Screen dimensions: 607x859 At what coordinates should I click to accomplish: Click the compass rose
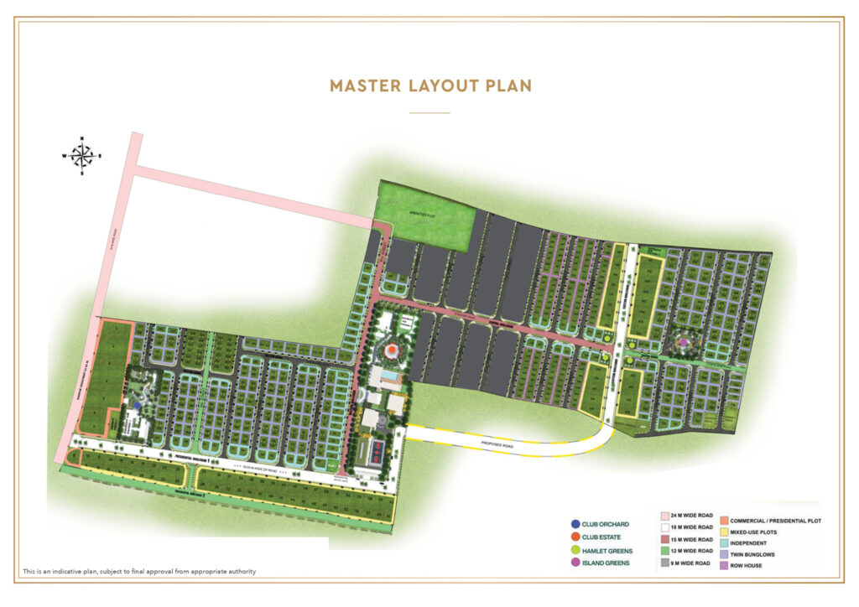point(81,155)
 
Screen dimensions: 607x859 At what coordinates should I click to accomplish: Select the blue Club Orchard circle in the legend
point(574,525)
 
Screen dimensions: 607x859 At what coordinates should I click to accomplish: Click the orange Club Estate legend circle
point(574,537)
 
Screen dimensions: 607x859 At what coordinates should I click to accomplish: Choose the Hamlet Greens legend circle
point(574,550)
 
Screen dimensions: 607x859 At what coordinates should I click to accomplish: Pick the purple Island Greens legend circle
point(574,563)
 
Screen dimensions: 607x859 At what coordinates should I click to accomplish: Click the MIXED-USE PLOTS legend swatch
point(723,532)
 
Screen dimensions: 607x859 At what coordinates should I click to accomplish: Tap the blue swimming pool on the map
point(388,378)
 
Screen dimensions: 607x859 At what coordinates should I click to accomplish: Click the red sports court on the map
point(375,454)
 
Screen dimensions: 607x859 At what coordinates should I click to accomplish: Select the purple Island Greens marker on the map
point(684,342)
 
